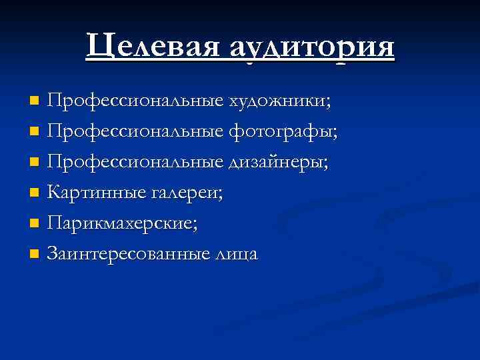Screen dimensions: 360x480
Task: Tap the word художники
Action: click(279, 101)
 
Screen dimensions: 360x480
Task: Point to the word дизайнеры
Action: click(279, 163)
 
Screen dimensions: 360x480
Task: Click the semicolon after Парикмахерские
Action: click(195, 225)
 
